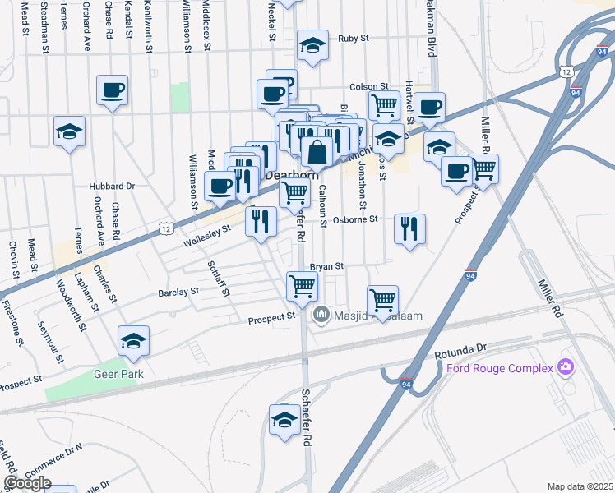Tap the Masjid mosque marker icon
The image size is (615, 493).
(321, 314)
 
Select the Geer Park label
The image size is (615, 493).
(118, 374)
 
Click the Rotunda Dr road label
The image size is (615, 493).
(460, 349)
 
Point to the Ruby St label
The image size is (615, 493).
(354, 38)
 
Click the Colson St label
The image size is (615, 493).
(368, 86)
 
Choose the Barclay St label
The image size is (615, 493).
(178, 292)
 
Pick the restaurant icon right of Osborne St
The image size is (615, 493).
(409, 228)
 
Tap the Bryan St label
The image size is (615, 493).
(326, 267)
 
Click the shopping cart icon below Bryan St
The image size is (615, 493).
(302, 285)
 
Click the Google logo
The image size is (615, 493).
(27, 483)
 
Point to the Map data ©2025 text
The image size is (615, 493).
(580, 486)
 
